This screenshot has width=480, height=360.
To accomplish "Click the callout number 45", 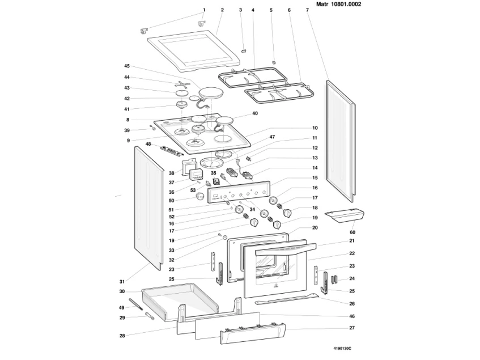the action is point(127,66).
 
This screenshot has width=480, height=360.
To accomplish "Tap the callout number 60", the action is point(352,232).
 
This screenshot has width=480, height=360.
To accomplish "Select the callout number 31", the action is point(122,282).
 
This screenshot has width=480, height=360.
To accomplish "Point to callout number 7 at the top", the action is point(307,10).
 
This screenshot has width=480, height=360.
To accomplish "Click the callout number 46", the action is point(352,316).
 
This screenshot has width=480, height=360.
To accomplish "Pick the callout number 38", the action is point(171,173).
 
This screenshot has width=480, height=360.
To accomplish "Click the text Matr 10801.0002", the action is point(338,5).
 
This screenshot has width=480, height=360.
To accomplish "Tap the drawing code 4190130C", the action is point(342,348).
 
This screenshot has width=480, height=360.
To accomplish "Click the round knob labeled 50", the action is point(201,196).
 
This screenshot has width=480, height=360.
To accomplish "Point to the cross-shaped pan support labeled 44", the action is point(182,84).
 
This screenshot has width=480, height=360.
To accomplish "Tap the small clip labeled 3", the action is point(244,50).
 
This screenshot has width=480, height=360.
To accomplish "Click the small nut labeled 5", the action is point(274,62).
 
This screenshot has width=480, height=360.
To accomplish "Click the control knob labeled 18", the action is point(287,213).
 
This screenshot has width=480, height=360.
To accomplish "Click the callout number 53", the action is point(193,190).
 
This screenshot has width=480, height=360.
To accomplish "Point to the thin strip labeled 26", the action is point(287,299).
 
